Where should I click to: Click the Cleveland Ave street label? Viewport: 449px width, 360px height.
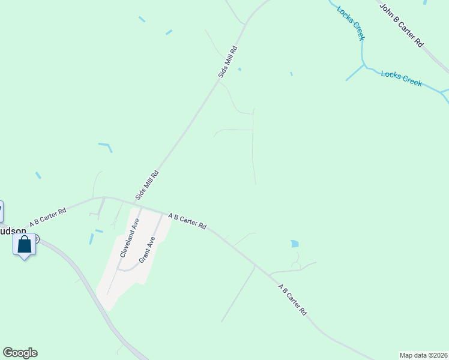(130, 238)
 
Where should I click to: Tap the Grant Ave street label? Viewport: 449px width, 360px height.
(148, 250)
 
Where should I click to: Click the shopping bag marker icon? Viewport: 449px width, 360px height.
(24, 245)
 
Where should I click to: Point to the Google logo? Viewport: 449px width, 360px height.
(20, 353)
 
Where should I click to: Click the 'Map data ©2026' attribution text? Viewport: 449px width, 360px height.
(423, 355)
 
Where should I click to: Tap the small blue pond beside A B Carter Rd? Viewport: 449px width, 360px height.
(294, 244)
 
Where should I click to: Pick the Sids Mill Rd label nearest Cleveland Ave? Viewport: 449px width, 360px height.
(147, 185)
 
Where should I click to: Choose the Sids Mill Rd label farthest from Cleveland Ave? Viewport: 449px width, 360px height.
(228, 61)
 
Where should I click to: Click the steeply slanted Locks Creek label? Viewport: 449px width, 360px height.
(351, 23)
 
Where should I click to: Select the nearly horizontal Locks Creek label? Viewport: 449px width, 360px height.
(402, 78)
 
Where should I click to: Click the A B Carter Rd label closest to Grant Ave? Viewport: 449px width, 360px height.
(187, 221)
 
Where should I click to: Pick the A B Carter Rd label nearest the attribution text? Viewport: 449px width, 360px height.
(292, 300)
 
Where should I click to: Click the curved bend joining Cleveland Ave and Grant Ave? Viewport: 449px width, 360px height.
(128, 269)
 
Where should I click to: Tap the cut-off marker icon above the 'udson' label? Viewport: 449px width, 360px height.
(1, 211)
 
